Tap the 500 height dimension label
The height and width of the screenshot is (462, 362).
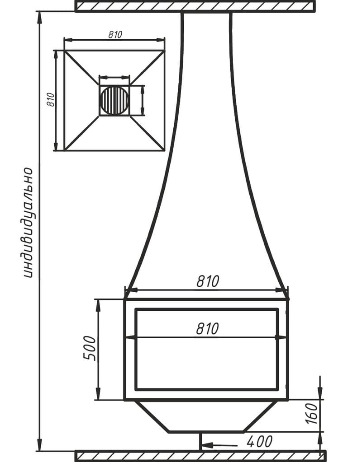click(90, 348)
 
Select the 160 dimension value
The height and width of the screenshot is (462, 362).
click(312, 414)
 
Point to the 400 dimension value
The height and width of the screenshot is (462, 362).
click(260, 442)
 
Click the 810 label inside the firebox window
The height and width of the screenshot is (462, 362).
click(208, 328)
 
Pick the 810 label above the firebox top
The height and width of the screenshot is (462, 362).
click(208, 281)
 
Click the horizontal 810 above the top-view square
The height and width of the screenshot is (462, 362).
click(115, 35)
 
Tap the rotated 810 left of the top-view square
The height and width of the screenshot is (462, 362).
click(51, 100)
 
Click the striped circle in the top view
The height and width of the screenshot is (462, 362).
click(114, 101)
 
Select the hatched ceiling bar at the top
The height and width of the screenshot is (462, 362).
click(195, 6)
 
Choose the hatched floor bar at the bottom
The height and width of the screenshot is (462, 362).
click(200, 456)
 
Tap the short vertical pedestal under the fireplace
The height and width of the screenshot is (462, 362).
click(200, 441)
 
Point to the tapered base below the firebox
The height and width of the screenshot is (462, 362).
click(206, 416)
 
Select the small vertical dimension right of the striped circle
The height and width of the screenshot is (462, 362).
click(143, 100)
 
